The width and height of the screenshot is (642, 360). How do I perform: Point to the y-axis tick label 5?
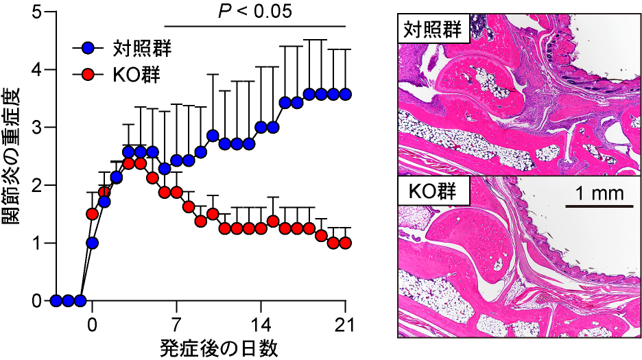36,12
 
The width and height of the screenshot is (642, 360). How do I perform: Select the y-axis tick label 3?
36,128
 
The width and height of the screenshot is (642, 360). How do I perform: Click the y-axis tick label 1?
36,243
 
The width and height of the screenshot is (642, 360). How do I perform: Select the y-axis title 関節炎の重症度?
13,156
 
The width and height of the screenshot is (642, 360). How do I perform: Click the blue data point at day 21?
345,94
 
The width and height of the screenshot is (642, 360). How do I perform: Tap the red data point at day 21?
345,243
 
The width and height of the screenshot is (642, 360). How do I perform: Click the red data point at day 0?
93,214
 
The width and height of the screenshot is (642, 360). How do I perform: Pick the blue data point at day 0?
93,243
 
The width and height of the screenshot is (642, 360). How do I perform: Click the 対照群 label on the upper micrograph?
432,30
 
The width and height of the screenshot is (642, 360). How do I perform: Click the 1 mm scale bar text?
595,193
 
